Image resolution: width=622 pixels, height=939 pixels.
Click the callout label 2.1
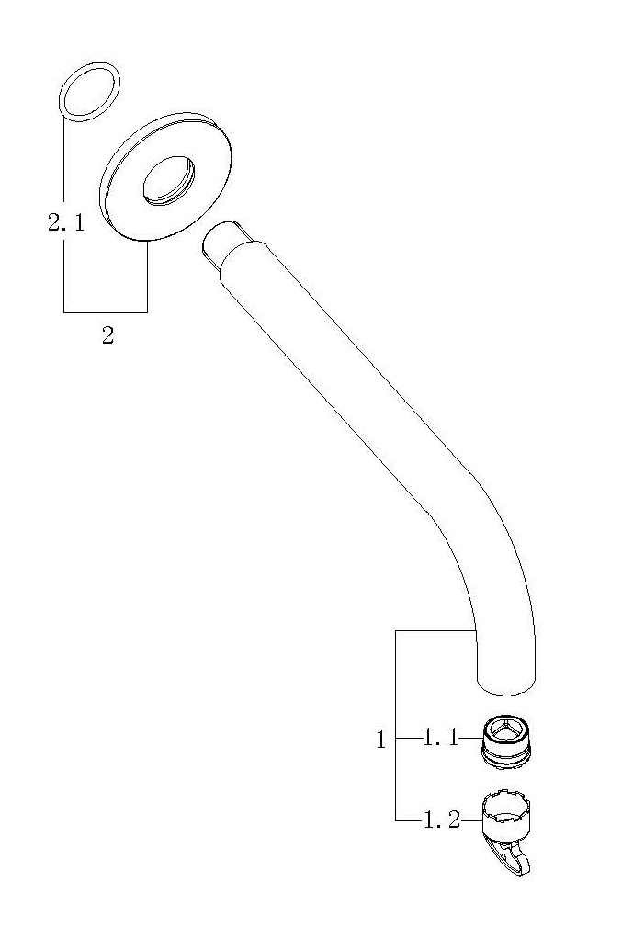click(66, 223)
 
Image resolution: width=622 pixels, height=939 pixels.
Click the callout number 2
click(107, 335)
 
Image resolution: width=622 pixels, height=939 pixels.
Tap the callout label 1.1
click(441, 738)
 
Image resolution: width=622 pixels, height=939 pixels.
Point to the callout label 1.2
click(442, 820)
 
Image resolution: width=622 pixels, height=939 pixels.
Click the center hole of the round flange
click(169, 181)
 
